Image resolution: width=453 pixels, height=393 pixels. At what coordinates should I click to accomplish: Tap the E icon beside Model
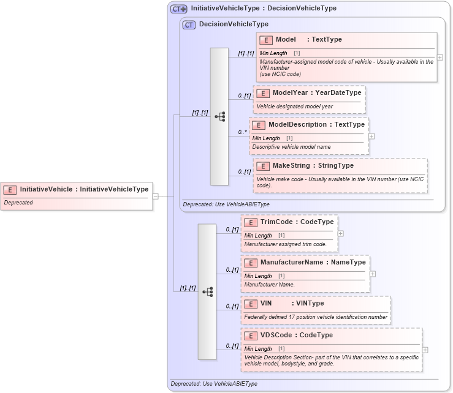click(x=266, y=40)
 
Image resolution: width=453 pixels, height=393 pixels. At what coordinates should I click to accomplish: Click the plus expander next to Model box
click(x=440, y=57)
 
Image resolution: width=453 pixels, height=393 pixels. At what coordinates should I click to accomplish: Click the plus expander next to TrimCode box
click(x=341, y=233)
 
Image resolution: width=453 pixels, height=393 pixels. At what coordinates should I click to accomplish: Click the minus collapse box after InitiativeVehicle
click(x=156, y=196)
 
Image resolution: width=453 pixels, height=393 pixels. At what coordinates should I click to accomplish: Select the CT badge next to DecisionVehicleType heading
click(x=189, y=24)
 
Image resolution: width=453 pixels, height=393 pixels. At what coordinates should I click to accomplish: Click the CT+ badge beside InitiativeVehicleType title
click(x=179, y=9)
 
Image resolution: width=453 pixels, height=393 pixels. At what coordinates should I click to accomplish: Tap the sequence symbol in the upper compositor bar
click(x=220, y=116)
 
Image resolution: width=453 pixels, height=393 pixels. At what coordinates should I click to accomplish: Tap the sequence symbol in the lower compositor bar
click(x=207, y=292)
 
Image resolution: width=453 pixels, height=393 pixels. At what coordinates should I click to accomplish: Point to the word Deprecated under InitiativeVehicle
click(x=19, y=203)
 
